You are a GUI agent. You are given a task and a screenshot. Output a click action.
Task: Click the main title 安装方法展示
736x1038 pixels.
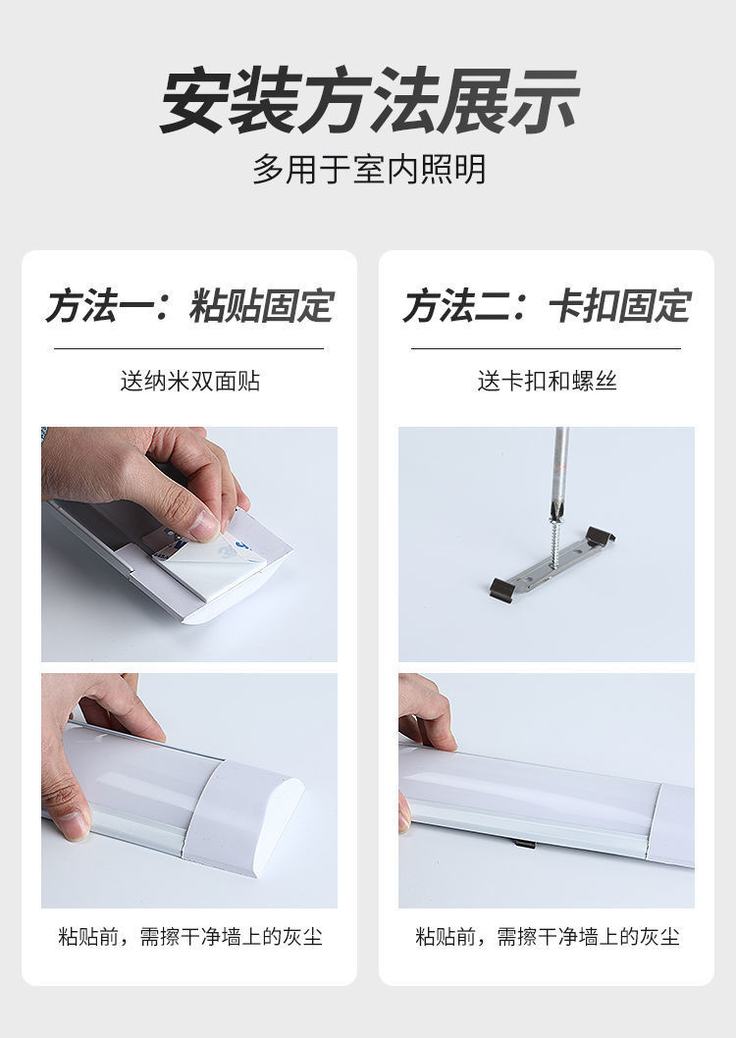pos(368,101)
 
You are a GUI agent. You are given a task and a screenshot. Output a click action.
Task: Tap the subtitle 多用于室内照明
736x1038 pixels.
pos(368,170)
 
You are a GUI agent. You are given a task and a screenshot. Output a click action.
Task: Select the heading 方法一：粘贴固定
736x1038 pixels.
pos(189,306)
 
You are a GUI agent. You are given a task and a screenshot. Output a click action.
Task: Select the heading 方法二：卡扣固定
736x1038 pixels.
pos(547,306)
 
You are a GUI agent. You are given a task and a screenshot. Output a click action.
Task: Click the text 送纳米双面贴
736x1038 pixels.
pos(189,382)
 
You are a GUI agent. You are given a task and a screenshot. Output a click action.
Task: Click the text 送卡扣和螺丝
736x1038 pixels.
pos(547,382)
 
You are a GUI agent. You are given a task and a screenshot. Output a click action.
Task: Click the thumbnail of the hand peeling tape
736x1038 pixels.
pos(189,544)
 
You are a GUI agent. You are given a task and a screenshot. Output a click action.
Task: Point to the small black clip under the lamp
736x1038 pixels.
pos(523,844)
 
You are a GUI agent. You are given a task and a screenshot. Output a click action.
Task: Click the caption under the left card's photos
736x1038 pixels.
pos(189,937)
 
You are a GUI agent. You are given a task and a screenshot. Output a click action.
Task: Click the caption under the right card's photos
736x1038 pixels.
pos(547,937)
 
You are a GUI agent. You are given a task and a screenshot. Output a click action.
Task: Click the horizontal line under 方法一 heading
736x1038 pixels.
pos(189,348)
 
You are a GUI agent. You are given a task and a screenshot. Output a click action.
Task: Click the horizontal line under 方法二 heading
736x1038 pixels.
pos(547,348)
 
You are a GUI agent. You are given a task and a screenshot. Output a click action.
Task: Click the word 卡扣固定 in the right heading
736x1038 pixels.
pos(619,306)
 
